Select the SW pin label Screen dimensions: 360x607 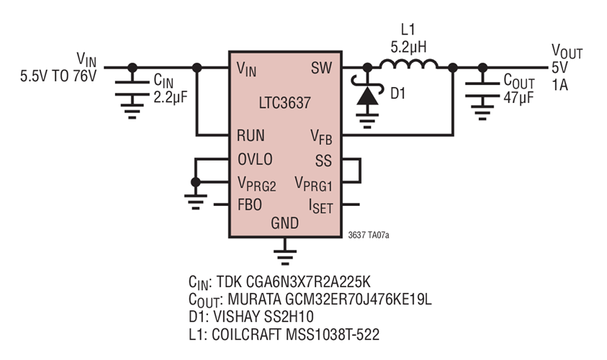(x=320, y=68)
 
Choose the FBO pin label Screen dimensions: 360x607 (x=249, y=204)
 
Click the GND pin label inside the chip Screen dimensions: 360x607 (x=284, y=223)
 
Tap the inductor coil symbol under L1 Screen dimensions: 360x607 (x=408, y=66)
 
